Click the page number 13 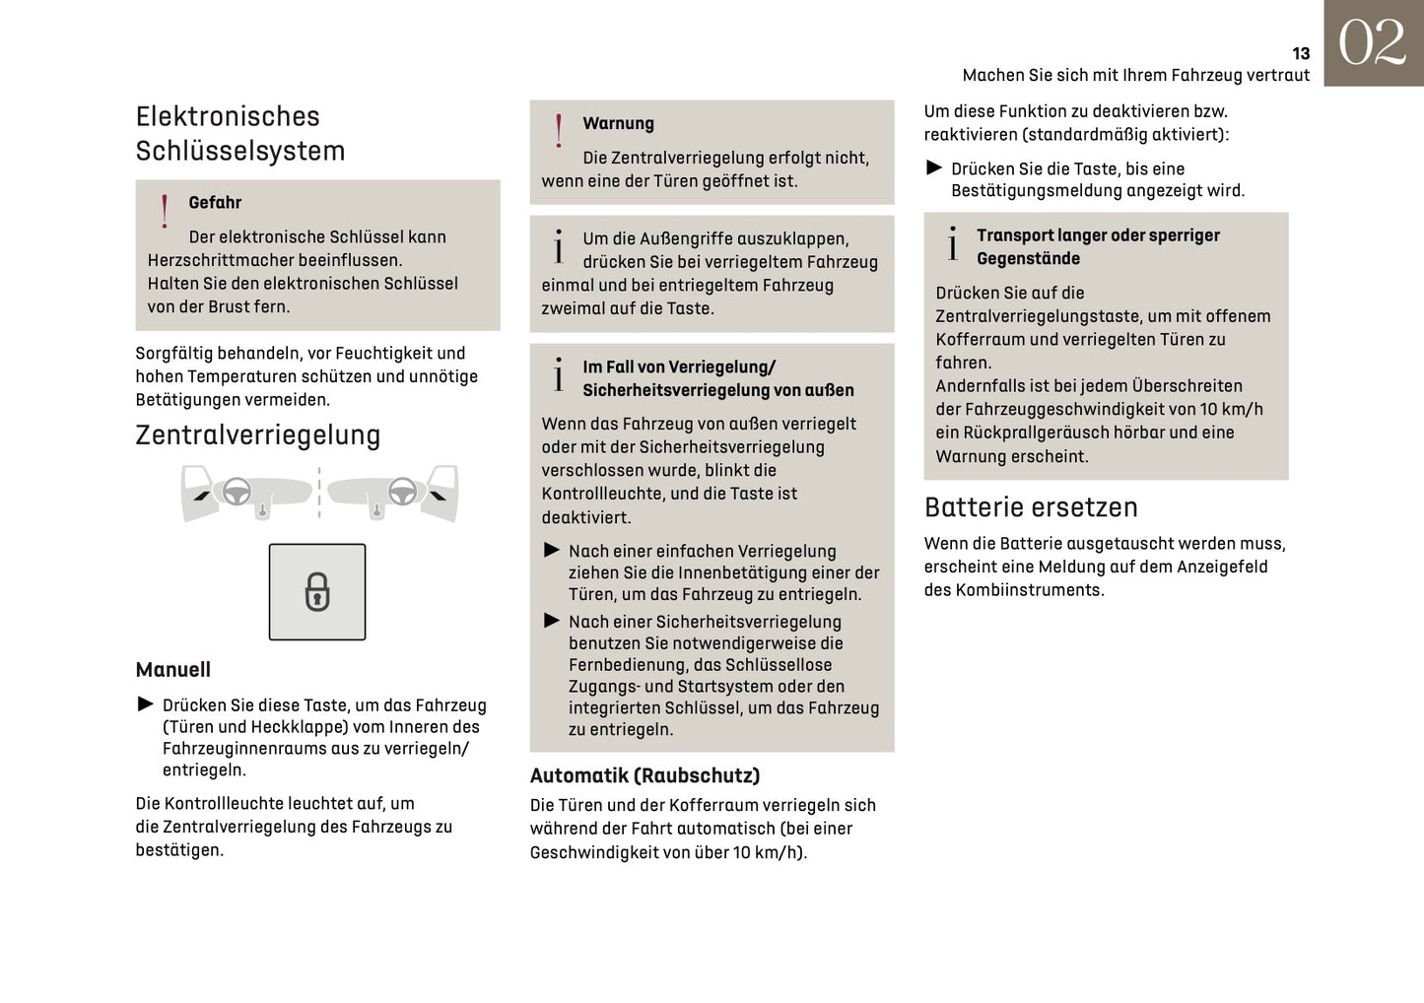[1300, 54]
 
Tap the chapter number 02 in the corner [1372, 43]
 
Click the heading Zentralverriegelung [257, 435]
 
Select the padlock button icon [317, 592]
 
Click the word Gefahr [215, 203]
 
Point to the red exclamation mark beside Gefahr [165, 211]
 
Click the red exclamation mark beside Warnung [559, 131]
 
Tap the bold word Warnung [618, 124]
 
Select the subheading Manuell [173, 670]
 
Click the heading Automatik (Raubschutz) [644, 775]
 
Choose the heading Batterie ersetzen [1031, 507]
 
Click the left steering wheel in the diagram [237, 491]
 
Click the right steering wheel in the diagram [402, 491]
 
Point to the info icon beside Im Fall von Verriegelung [559, 375]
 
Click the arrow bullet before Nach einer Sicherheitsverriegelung [552, 621]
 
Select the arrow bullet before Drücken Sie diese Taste [146, 704]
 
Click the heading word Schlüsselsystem [240, 151]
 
